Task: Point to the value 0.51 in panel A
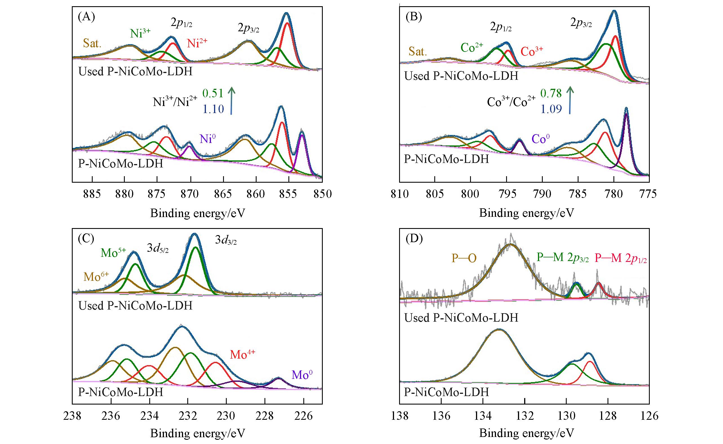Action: pyautogui.click(x=213, y=93)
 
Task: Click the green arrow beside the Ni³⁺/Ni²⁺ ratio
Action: pyautogui.click(x=232, y=100)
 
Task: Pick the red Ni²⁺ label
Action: pyautogui.click(x=197, y=43)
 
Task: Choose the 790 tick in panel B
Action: pyautogui.click(x=542, y=194)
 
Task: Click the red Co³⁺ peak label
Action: pyautogui.click(x=532, y=51)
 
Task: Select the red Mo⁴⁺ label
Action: pyautogui.click(x=243, y=354)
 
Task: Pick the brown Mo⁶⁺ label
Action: pyautogui.click(x=96, y=276)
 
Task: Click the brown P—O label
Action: pyautogui.click(x=464, y=258)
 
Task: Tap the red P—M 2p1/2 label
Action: pyautogui.click(x=620, y=258)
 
